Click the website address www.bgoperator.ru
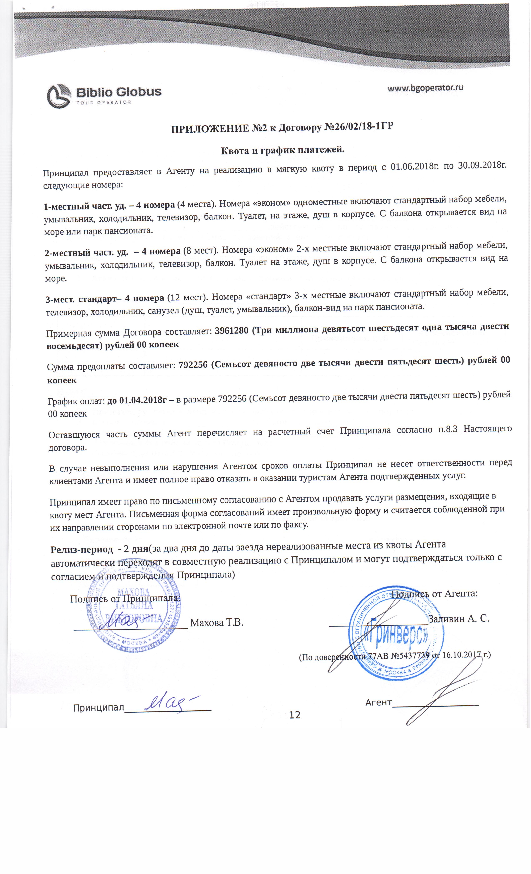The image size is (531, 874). (425, 88)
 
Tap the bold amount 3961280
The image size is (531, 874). (231, 330)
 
